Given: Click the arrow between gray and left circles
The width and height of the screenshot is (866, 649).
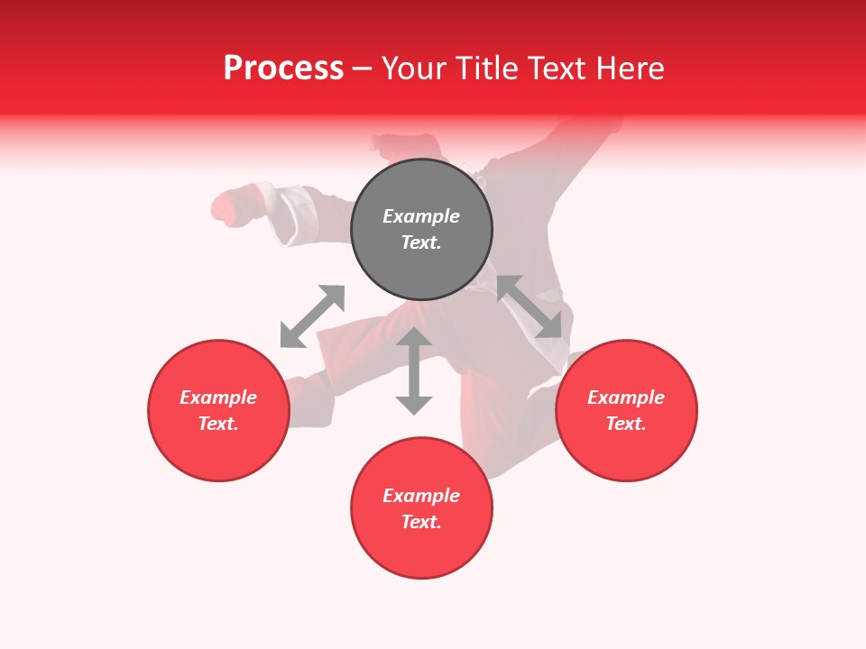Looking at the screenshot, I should coord(312,316).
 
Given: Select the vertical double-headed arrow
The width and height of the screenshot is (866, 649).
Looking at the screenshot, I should coord(414,371).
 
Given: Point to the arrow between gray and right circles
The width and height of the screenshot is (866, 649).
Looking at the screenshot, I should coord(530,306).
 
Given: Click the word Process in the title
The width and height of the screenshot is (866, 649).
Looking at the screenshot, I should coord(283,69).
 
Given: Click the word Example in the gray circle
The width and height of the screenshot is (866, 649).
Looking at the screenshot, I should coord(421,216).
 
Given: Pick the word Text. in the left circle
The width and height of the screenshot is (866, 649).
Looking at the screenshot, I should coord(218,424).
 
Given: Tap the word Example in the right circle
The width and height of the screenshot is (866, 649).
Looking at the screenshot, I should coord(626,398).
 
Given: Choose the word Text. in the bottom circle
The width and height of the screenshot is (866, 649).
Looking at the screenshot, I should coord(421,522).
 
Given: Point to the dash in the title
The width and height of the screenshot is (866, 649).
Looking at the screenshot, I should coord(362,69).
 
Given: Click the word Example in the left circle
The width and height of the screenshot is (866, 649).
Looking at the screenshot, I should coord(218,398).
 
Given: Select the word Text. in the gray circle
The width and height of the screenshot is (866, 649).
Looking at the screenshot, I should coord(421,242).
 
